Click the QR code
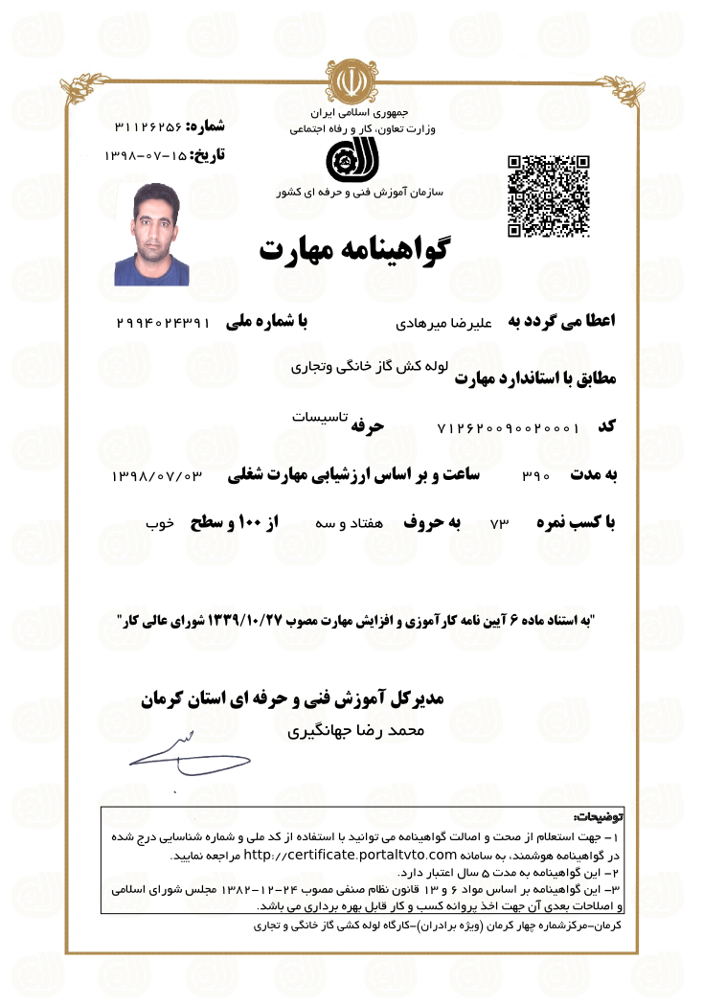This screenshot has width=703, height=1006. coord(547,195)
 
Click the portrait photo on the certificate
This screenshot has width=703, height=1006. coord(151,234)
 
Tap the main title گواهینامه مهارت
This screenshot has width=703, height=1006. coord(355,249)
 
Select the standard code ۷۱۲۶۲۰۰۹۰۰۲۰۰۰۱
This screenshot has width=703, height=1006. coord(507,427)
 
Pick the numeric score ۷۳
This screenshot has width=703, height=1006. coord(501,525)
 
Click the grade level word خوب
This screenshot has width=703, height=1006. coord(159,525)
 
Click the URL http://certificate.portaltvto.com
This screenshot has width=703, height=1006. coord(350,854)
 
